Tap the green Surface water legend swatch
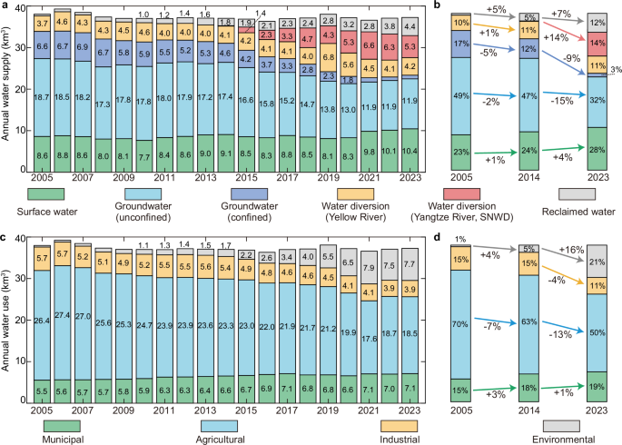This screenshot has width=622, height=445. tap(43, 193)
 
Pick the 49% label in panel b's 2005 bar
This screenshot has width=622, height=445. tap(460, 94)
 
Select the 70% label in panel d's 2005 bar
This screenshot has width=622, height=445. tap(460, 323)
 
